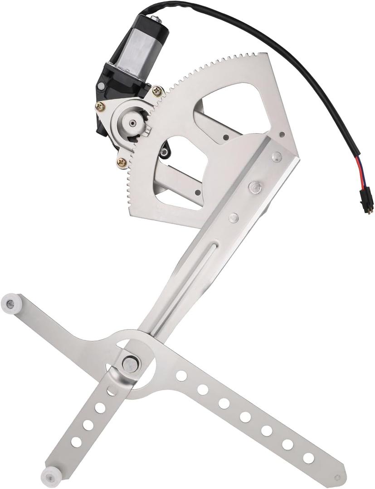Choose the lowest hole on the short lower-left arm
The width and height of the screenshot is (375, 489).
(77, 441)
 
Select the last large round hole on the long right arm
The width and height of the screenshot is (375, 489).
(309, 458)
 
